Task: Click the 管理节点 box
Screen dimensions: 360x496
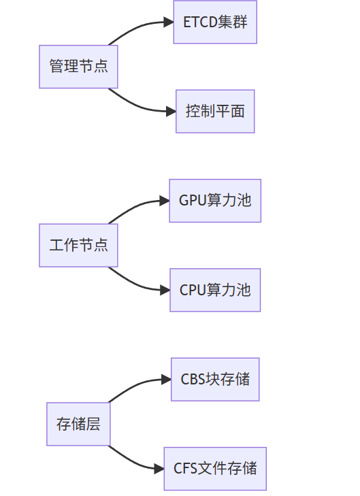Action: click(x=78, y=67)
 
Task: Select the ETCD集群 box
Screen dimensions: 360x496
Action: click(x=215, y=22)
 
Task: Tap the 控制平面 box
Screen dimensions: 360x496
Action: click(x=215, y=112)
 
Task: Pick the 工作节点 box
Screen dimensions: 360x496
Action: click(x=78, y=246)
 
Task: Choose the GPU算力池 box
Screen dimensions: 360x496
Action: click(x=215, y=201)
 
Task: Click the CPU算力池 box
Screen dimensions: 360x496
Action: click(x=215, y=290)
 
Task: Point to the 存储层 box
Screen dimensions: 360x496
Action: click(x=78, y=424)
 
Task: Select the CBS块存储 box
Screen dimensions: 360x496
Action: click(x=215, y=379)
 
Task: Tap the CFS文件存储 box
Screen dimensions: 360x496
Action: click(x=215, y=469)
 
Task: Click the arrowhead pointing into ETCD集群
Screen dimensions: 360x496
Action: click(x=169, y=22)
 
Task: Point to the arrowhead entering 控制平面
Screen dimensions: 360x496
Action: click(x=171, y=112)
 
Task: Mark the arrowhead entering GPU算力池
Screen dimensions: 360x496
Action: click(x=165, y=201)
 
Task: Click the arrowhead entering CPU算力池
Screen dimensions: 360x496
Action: click(x=165, y=290)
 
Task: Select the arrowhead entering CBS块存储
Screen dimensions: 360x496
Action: click(x=167, y=379)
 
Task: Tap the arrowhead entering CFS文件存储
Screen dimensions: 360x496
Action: click(x=159, y=469)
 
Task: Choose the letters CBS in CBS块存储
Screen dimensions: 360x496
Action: click(x=193, y=379)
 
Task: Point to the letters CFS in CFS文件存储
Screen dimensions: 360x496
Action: click(x=186, y=469)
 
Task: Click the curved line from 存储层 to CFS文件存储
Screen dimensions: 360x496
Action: click(x=131, y=461)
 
